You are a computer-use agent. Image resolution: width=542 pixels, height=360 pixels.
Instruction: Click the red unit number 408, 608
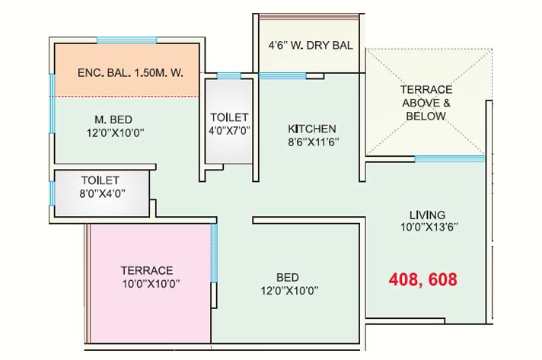point(422,279)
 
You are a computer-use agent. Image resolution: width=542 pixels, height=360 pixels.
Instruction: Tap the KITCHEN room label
point(312,129)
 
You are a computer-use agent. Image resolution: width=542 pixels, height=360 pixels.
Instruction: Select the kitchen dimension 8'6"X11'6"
point(314,142)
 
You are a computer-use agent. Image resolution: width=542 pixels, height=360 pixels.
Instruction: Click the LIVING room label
point(427,215)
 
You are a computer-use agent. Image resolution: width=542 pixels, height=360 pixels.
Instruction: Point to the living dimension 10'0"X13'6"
point(429,227)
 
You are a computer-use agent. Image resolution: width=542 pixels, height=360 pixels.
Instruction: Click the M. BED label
point(113,119)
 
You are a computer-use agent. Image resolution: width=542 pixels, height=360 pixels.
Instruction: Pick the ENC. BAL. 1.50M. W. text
point(130,73)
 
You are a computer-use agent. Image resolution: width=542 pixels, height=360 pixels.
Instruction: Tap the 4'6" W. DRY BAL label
point(311,45)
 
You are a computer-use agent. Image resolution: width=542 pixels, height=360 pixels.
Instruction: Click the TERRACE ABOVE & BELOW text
point(426,103)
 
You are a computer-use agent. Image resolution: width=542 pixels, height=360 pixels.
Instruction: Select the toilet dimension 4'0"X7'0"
point(229,131)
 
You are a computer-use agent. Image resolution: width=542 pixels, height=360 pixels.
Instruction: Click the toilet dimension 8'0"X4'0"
point(102,193)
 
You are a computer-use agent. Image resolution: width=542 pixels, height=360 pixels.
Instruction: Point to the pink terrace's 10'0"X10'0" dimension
point(151,284)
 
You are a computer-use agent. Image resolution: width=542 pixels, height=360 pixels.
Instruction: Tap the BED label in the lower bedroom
point(288,278)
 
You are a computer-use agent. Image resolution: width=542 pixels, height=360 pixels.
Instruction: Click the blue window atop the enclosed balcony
point(126,40)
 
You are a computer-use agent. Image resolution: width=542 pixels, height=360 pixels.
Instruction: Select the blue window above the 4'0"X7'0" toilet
point(229,76)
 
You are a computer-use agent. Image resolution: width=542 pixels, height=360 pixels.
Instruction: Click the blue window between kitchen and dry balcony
point(282,75)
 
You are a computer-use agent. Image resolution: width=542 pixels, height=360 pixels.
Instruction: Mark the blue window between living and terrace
point(450,158)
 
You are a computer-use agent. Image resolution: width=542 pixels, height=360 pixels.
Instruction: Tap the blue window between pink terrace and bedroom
point(214,253)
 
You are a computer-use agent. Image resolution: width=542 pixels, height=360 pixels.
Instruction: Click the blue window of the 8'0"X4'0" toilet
point(52,193)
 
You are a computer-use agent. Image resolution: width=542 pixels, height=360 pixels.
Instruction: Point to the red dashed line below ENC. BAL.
point(127,97)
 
